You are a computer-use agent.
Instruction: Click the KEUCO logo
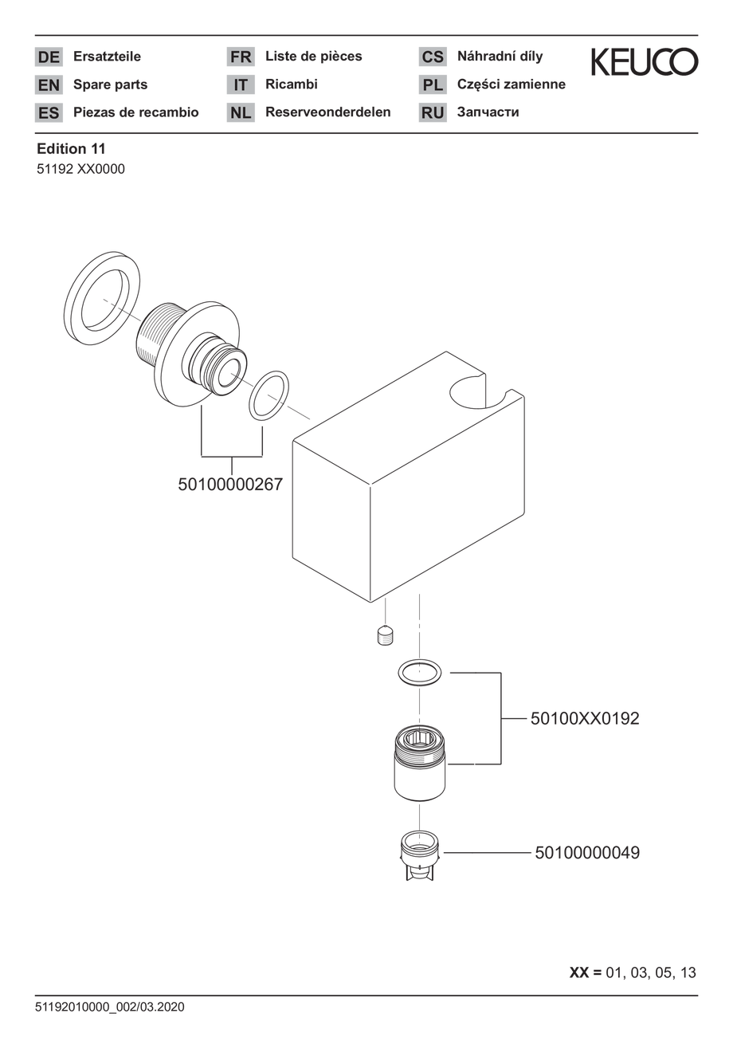click(x=644, y=61)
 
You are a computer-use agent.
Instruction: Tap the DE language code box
click(x=49, y=57)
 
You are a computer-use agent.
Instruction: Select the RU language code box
click(x=433, y=112)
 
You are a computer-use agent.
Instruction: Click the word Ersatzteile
click(x=107, y=57)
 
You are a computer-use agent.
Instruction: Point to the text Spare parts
click(x=110, y=84)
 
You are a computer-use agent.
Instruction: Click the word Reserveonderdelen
click(x=328, y=112)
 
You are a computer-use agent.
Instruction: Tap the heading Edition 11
click(x=71, y=148)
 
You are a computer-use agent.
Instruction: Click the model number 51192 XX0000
click(x=80, y=170)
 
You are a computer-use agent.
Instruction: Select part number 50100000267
click(x=230, y=485)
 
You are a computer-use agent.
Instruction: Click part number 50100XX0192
click(x=585, y=718)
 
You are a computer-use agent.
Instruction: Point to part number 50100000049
click(x=586, y=852)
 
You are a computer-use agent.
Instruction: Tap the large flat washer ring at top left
click(x=102, y=299)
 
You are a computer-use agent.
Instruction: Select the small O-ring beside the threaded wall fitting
click(x=269, y=396)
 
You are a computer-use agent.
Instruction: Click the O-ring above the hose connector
click(x=419, y=672)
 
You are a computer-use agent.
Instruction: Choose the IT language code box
click(x=241, y=84)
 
